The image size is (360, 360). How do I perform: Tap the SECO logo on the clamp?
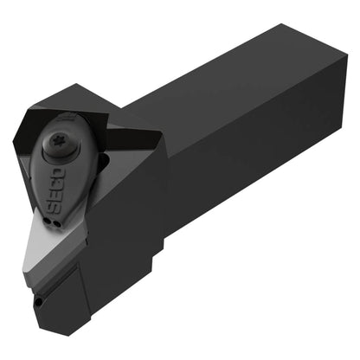pyautogui.click(x=55, y=191)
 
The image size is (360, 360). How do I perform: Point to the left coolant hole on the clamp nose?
pyautogui.click(x=47, y=222)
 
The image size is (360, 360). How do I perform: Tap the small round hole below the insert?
pyautogui.click(x=38, y=302)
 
